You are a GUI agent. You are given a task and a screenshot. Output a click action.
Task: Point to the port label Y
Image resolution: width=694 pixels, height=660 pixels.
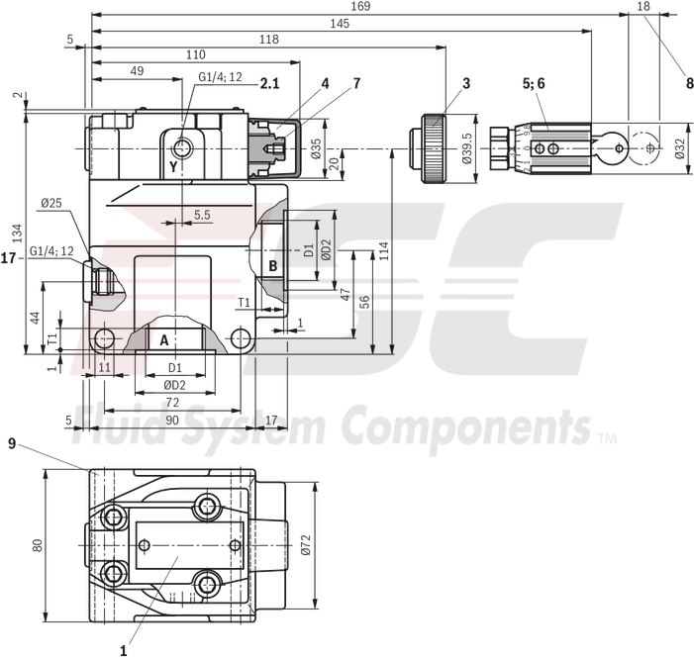pos(173,167)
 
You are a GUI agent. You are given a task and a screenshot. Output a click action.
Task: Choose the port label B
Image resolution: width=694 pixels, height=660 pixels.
pos(273,265)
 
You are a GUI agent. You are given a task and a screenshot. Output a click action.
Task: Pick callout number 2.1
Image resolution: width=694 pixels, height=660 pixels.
pos(269,84)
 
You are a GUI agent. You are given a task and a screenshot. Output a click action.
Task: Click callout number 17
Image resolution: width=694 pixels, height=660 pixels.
pos(10,259)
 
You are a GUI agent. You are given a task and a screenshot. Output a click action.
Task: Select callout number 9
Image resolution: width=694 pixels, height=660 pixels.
pos(13,444)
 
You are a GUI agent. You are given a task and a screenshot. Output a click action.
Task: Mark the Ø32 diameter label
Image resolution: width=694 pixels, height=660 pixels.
pos(679,148)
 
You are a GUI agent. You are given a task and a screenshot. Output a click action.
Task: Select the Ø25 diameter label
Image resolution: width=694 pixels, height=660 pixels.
pos(52,204)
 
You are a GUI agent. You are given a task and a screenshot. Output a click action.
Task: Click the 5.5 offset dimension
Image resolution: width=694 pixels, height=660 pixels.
pos(202,214)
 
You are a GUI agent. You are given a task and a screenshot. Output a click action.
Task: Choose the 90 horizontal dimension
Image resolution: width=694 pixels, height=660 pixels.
pos(172,421)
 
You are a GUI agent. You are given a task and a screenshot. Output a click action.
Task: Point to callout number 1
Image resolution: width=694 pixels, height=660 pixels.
pos(124,651)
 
